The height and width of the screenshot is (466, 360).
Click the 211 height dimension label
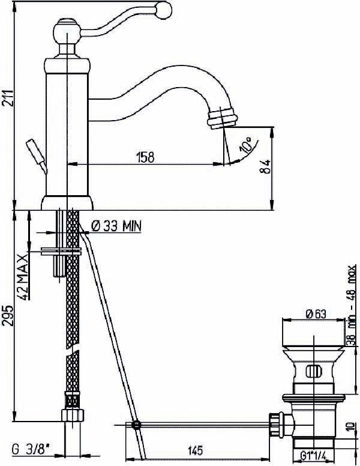[x=9, y=97]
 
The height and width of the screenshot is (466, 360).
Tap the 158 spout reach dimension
[x=145, y=157]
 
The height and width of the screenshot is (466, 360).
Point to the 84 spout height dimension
[x=266, y=167]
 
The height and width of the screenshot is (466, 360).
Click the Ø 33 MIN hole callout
[x=116, y=226]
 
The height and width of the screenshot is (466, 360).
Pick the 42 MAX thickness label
[x=23, y=277]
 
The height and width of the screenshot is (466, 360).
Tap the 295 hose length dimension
[x=8, y=315]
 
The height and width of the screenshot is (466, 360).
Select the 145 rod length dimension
[x=196, y=450]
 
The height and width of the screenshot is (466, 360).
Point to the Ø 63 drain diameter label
[x=316, y=314]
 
